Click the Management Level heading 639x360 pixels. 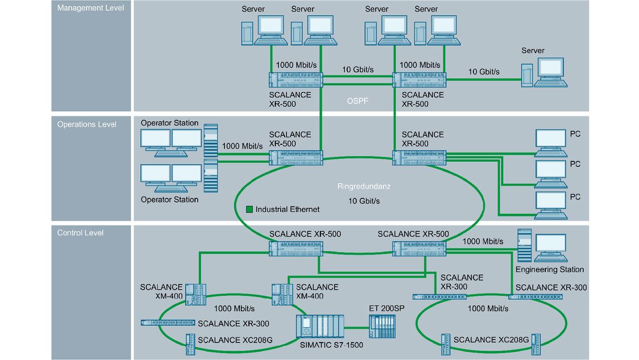pos(90,8)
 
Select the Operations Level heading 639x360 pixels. pos(86,124)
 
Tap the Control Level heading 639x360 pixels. pos(81,233)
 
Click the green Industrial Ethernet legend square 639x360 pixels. pos(249,210)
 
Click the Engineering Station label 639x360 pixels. pos(549,269)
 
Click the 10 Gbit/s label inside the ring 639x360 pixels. pos(364,201)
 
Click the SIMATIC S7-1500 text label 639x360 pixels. pos(331,345)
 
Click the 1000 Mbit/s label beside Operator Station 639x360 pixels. pos(243,146)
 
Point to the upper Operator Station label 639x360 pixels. pos(170,123)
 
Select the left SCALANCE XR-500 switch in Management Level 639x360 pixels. pos(295,79)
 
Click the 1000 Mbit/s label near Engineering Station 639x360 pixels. pos(483,241)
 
